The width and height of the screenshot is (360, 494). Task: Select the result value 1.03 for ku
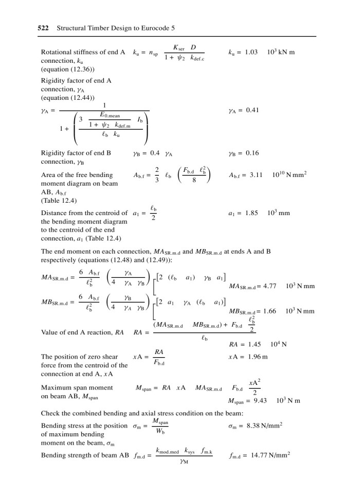(249, 52)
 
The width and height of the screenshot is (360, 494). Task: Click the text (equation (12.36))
(63, 69)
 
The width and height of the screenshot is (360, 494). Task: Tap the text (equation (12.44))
(63, 97)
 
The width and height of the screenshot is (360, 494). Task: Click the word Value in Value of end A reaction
(49, 332)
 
